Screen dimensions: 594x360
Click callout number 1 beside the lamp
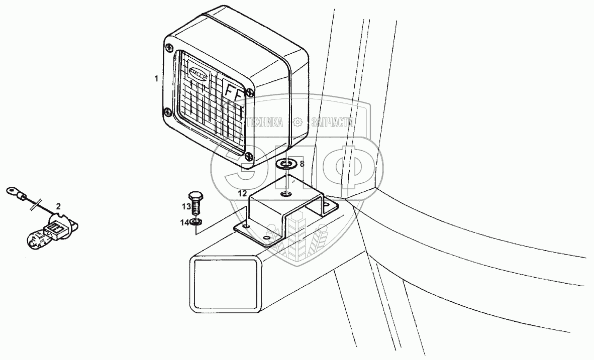156,78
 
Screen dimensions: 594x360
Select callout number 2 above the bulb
58,206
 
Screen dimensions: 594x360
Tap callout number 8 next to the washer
302,164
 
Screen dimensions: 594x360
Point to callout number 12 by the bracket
242,193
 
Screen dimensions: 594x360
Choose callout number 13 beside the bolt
186,207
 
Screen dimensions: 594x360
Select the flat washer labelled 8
286,164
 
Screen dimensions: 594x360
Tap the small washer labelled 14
197,222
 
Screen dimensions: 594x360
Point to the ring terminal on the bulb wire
13,191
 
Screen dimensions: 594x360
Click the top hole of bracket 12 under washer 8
285,194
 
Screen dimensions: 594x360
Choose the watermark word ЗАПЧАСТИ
333,122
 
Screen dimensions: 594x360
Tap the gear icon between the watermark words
298,122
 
